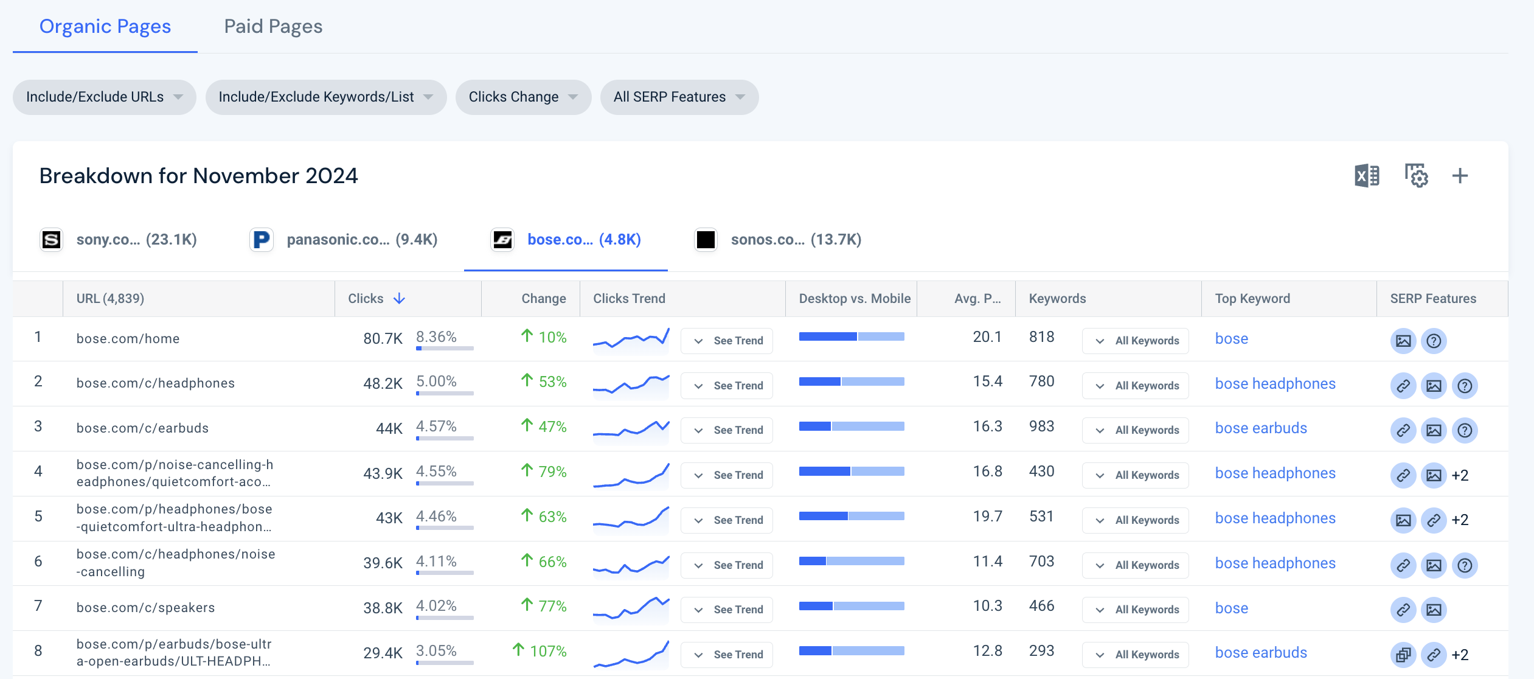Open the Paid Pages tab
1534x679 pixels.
[x=273, y=26]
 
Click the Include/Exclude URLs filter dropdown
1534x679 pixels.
[x=104, y=97]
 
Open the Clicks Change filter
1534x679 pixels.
[x=523, y=97]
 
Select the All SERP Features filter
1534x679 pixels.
[x=679, y=97]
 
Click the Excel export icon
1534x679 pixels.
[x=1367, y=176]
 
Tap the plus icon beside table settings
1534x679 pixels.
[x=1460, y=176]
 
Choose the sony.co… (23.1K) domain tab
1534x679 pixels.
[x=119, y=239]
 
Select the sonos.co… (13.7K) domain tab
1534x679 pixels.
[x=778, y=239]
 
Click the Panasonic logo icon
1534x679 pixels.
[x=262, y=239]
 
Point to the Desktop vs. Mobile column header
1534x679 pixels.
[x=855, y=298]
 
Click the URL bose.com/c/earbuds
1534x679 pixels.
[x=142, y=428]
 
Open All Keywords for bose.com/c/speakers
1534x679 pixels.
[x=1135, y=610]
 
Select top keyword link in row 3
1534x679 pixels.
[x=1261, y=428]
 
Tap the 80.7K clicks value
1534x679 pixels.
[x=383, y=338]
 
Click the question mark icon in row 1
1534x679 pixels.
[x=1434, y=341]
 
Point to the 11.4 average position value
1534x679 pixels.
[x=987, y=561]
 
